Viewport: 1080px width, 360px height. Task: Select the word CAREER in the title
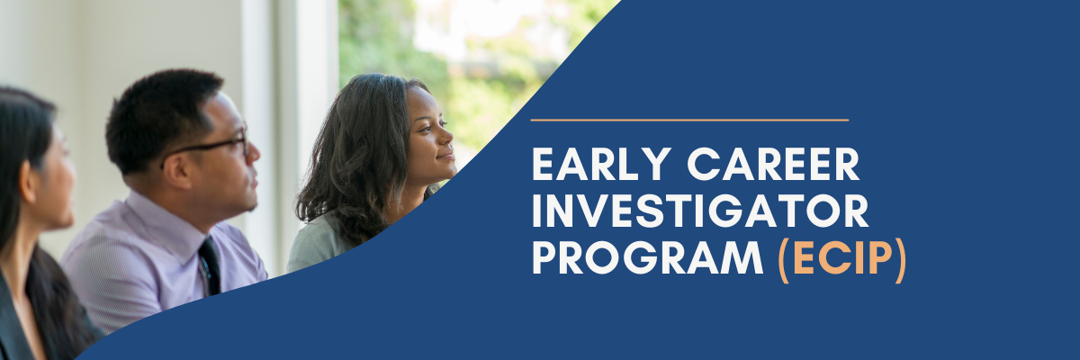point(773,164)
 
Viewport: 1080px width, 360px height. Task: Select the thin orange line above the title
point(689,120)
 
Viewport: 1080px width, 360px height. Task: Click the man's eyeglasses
point(207,146)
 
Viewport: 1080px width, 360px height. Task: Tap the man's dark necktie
point(211,266)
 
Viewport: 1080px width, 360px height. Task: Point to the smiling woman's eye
point(427,129)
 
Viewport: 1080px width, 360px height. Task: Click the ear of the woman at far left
point(28,181)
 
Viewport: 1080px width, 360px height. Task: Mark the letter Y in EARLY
point(655,164)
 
